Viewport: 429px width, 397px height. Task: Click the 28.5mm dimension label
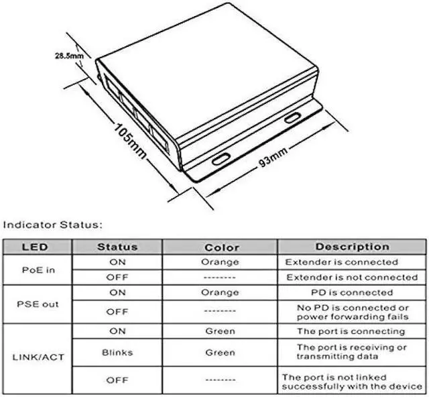pyautogui.click(x=69, y=56)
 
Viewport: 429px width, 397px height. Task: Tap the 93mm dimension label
pyautogui.click(x=274, y=160)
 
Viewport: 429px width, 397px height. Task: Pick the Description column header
pyautogui.click(x=352, y=247)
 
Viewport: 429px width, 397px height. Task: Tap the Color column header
pyautogui.click(x=221, y=247)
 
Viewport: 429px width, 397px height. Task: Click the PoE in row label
pyautogui.click(x=38, y=270)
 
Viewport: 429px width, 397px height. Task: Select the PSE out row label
pyautogui.click(x=38, y=304)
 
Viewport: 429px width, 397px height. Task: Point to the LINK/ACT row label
pyautogui.click(x=38, y=357)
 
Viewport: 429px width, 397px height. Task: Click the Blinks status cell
pyautogui.click(x=117, y=352)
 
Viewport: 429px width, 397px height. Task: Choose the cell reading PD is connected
pyautogui.click(x=352, y=292)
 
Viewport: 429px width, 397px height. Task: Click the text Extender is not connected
pyautogui.click(x=352, y=277)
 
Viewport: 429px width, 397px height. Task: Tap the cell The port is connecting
pyautogui.click(x=352, y=331)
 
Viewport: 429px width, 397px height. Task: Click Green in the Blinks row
pyautogui.click(x=220, y=352)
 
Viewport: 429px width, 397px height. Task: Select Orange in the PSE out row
pyautogui.click(x=220, y=292)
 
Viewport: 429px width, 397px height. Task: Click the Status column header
pyautogui.click(x=117, y=247)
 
